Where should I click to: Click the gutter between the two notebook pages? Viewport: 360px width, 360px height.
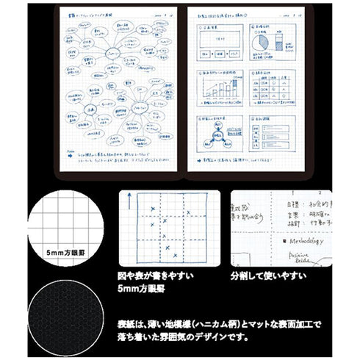coord(181,88)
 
